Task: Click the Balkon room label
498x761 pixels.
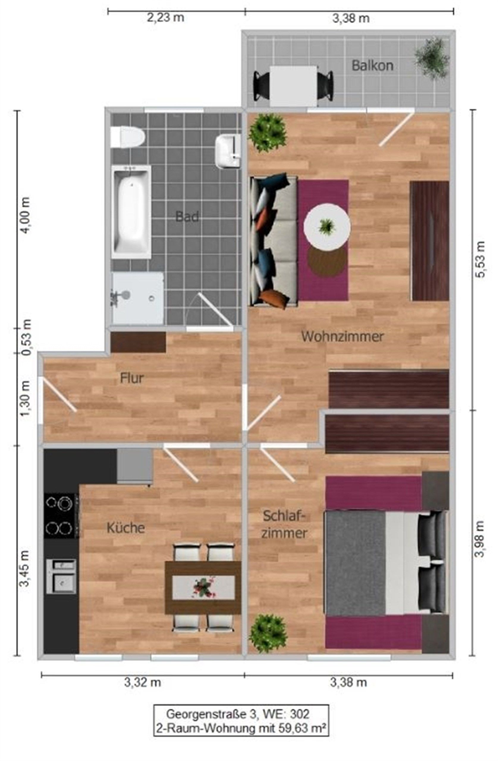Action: (372, 66)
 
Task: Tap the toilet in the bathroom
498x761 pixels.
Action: (128, 137)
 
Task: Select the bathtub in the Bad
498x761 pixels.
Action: (131, 212)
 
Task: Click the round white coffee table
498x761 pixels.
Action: (326, 227)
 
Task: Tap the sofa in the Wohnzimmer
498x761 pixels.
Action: (274, 241)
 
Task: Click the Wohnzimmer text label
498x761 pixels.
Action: (342, 337)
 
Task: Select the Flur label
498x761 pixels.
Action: (131, 378)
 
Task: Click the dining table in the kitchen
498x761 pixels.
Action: (203, 587)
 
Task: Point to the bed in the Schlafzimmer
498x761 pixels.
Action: (385, 563)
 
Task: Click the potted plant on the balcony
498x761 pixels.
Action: (432, 58)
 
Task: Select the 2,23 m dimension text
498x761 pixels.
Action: (165, 18)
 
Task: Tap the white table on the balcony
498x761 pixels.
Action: (293, 86)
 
